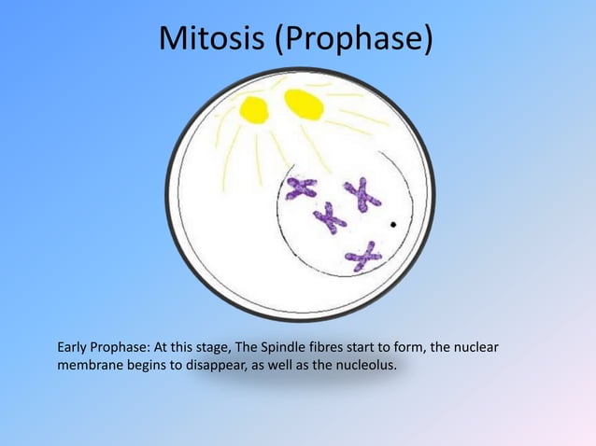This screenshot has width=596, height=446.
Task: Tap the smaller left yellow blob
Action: tap(253, 110)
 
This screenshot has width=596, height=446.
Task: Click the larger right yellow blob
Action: tap(304, 105)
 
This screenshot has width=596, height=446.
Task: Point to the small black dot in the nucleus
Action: tap(394, 225)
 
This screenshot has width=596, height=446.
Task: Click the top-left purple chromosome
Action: tap(301, 188)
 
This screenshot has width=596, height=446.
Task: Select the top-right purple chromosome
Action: tap(361, 193)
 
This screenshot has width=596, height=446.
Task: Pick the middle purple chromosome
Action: tap(330, 218)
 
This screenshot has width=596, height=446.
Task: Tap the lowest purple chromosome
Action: tap(362, 255)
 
